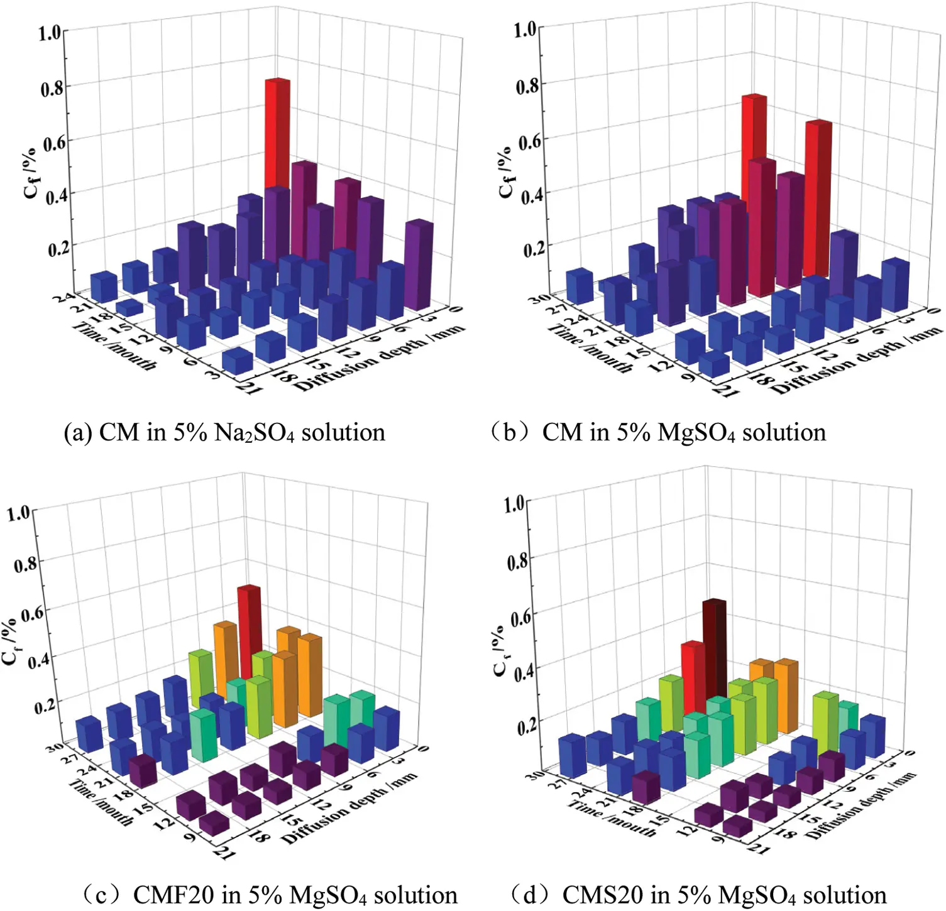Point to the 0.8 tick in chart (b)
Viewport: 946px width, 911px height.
click(x=527, y=85)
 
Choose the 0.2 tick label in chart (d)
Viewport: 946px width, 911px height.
click(x=528, y=727)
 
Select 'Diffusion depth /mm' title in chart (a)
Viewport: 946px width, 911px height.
click(x=380, y=358)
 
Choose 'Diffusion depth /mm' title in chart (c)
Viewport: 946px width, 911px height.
click(x=349, y=807)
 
